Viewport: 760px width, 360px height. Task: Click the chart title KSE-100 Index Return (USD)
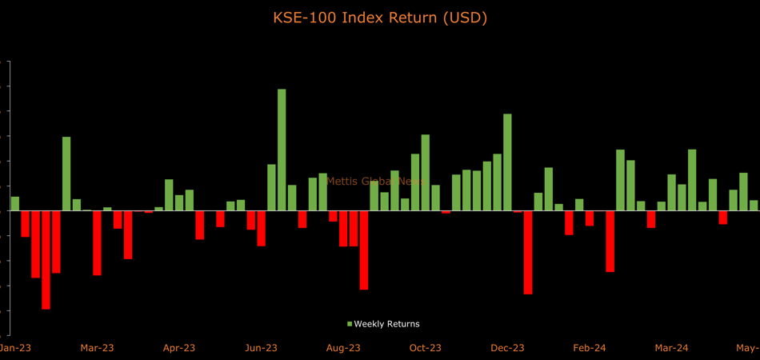pyautogui.click(x=380, y=17)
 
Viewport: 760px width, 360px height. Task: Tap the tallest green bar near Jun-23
pyautogui.click(x=282, y=150)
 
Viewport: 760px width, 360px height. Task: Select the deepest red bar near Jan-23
pyautogui.click(x=46, y=259)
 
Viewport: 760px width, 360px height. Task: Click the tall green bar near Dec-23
pyautogui.click(x=507, y=162)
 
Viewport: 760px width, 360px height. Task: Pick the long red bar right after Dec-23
pyautogui.click(x=528, y=252)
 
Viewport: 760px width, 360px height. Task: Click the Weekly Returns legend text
pyautogui.click(x=386, y=324)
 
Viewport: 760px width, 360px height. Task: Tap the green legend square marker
pyautogui.click(x=350, y=324)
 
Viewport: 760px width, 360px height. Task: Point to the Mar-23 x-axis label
pyautogui.click(x=97, y=348)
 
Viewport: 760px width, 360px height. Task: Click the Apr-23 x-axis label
pyautogui.click(x=179, y=348)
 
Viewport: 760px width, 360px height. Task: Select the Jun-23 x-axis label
pyautogui.click(x=261, y=348)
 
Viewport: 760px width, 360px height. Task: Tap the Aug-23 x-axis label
pyautogui.click(x=343, y=348)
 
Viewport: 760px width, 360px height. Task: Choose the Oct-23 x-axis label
pyautogui.click(x=426, y=348)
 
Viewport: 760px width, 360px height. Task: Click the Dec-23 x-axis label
pyautogui.click(x=507, y=348)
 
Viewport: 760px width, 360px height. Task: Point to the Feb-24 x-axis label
pyautogui.click(x=590, y=348)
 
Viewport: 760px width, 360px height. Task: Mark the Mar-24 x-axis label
pyautogui.click(x=671, y=348)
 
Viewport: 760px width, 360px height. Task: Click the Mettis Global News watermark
pyautogui.click(x=376, y=182)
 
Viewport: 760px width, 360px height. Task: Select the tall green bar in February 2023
pyautogui.click(x=66, y=174)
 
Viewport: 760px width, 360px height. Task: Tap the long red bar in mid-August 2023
pyautogui.click(x=364, y=250)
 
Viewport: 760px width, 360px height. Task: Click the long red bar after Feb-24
pyautogui.click(x=610, y=241)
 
